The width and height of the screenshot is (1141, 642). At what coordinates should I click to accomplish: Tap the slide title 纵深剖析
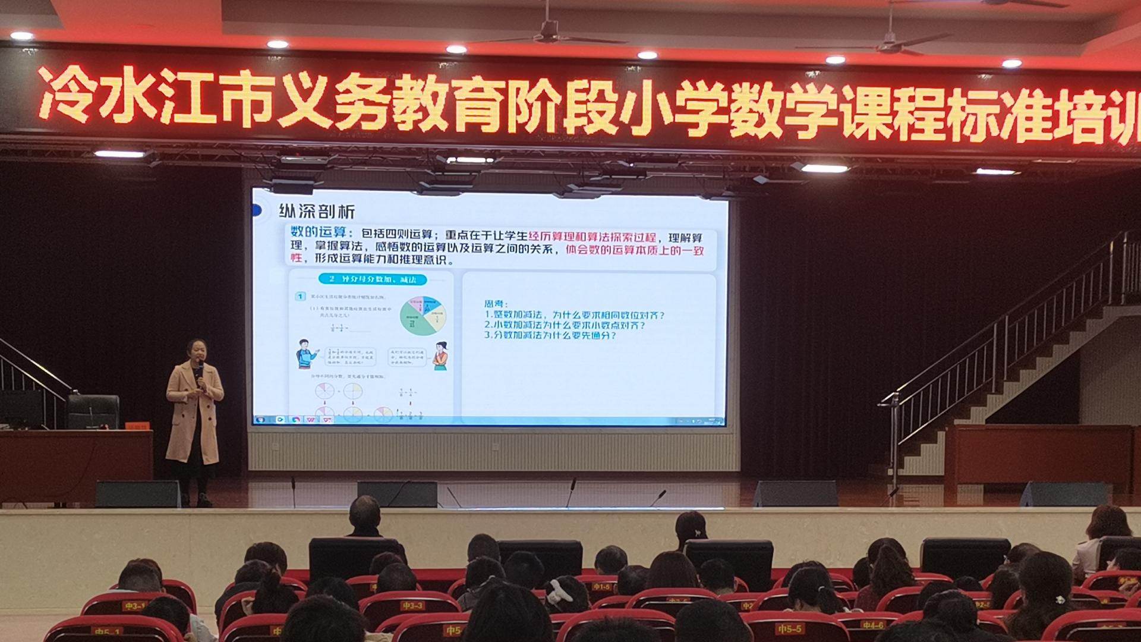(x=317, y=212)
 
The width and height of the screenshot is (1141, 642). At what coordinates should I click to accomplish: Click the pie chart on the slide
(x=423, y=316)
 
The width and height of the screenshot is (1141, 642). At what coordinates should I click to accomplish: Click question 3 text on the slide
(x=550, y=335)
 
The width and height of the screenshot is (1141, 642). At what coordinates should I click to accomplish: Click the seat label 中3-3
(x=412, y=606)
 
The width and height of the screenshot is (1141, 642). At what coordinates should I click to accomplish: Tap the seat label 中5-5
(x=789, y=628)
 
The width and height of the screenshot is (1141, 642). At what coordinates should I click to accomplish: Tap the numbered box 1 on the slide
(x=301, y=296)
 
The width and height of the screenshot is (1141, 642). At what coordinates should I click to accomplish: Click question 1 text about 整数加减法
(x=574, y=315)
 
